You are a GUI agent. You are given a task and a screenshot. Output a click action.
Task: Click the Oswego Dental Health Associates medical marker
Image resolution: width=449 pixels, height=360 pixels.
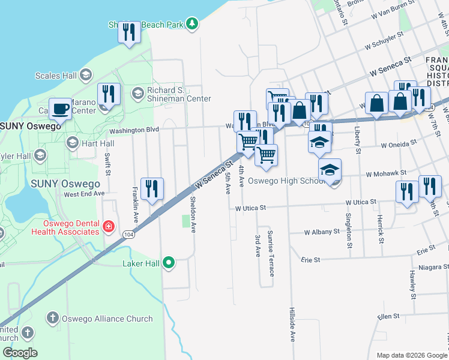tap(108, 226)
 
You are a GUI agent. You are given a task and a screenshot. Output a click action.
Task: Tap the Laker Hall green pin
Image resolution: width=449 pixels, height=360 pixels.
tap(169, 262)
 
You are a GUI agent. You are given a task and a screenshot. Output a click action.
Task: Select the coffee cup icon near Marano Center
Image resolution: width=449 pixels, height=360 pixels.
tap(60, 109)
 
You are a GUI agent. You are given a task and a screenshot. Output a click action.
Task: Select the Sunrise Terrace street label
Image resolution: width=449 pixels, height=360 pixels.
tap(271, 253)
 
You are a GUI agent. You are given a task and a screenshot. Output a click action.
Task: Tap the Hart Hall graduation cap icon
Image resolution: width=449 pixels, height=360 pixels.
tap(73, 142)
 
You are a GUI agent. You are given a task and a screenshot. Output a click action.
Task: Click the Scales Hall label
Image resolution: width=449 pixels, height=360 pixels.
tap(56, 76)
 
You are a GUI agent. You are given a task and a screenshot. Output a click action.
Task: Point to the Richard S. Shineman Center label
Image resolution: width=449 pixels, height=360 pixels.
tap(179, 94)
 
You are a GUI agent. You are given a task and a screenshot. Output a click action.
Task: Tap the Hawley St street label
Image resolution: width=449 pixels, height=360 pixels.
tap(412, 284)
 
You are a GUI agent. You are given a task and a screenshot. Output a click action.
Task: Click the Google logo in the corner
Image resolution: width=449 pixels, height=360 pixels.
tap(20, 353)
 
